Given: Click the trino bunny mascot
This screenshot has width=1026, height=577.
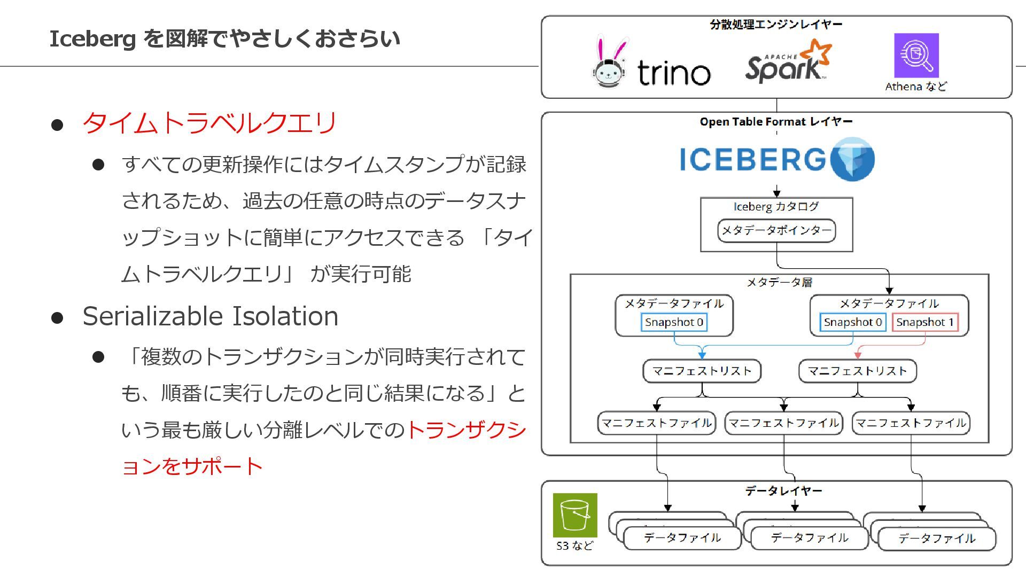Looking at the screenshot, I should [610, 63].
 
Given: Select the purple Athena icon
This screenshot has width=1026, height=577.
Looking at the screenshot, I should [916, 56].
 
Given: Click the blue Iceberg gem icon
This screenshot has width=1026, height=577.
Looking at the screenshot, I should [853, 159].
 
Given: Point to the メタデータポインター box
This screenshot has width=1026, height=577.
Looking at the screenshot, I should [776, 231].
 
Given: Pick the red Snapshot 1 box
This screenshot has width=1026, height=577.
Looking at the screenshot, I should [925, 322].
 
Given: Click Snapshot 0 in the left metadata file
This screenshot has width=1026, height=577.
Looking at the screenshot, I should [674, 322].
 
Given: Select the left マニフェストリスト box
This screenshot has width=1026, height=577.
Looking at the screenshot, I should [702, 371].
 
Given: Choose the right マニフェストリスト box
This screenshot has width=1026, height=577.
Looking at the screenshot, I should [857, 371].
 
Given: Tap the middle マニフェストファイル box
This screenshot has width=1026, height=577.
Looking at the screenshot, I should [783, 423].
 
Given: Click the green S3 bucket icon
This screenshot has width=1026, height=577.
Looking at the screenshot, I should [575, 515].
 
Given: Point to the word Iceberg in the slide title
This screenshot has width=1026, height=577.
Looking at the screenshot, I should [92, 39].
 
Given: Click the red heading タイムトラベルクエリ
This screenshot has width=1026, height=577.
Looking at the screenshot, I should [209, 123].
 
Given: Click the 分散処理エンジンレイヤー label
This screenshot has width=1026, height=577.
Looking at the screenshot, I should [776, 25].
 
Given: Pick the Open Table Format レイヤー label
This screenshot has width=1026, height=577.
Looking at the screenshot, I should [776, 122].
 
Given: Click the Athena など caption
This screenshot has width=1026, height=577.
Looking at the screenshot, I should [916, 87].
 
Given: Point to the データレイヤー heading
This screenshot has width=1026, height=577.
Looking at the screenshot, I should [783, 490].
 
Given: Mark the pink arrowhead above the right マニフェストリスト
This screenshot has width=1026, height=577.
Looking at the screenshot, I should [858, 355].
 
